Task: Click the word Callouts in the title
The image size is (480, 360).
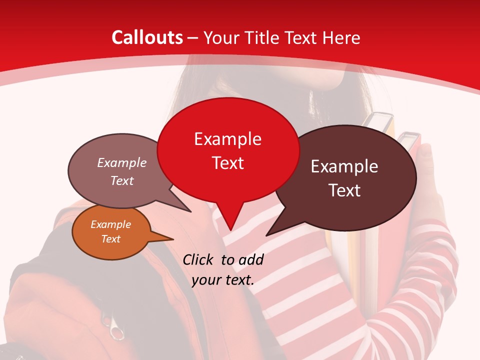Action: pos(147,37)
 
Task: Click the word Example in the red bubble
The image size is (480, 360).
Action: pos(227,139)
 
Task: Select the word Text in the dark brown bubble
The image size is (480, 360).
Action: pos(345,190)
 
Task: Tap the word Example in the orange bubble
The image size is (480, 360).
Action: pos(110,224)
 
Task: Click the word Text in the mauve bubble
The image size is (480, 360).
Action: pos(122,180)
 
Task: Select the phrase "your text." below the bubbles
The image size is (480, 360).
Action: pos(222,279)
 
